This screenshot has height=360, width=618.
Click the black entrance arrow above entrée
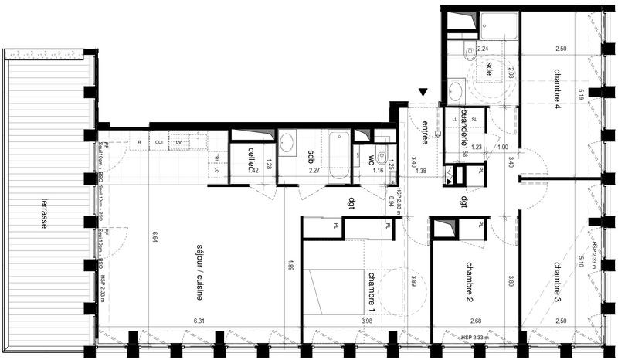click(423, 93)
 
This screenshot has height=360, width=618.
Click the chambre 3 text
click(557, 280)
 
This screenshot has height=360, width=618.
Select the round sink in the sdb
click(285, 143)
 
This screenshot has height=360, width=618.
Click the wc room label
click(372, 161)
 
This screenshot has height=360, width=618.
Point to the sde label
click(490, 68)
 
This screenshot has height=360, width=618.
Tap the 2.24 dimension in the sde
click(483, 49)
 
